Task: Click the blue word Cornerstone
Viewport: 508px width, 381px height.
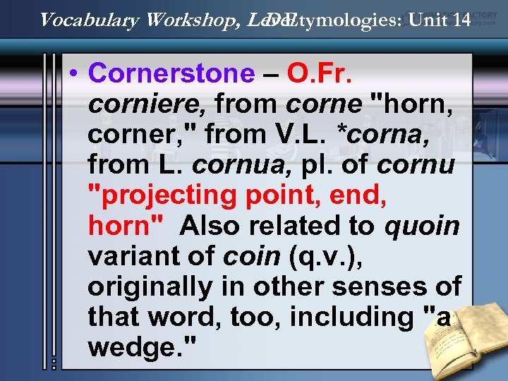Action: click(x=171, y=73)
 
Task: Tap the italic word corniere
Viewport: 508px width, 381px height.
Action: click(x=147, y=104)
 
